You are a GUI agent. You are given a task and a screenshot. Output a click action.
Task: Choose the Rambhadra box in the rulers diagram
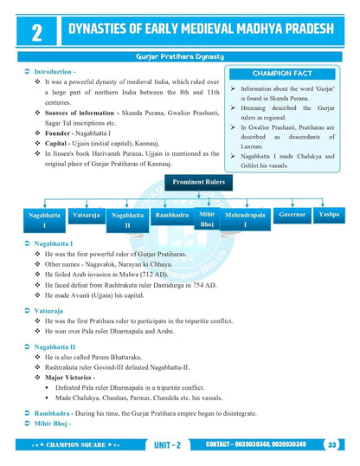coord(170,214)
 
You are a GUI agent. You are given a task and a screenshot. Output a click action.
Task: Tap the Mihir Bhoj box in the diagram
coord(206,217)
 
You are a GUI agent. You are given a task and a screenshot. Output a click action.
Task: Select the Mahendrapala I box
coord(246,218)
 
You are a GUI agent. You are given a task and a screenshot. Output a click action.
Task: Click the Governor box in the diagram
coord(292,213)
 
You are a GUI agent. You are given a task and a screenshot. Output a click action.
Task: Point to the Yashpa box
coord(329,213)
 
